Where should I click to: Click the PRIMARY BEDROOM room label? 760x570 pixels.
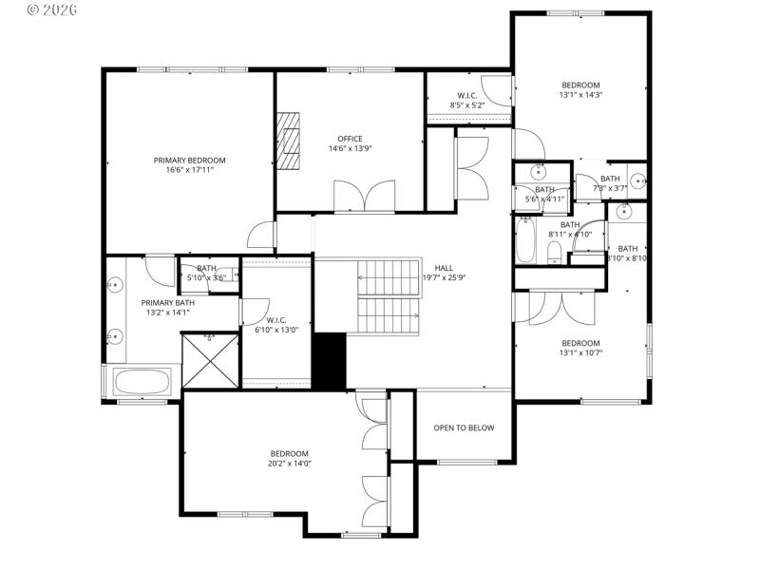[x=190, y=160]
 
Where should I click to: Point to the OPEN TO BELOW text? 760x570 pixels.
[x=464, y=427]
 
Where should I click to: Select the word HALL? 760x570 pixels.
[x=444, y=268]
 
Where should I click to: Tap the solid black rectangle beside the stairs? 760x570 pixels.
[x=330, y=361]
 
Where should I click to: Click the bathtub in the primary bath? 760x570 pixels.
[x=142, y=383]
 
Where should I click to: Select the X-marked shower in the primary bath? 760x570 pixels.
[x=210, y=360]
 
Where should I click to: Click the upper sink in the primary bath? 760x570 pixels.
[x=116, y=284]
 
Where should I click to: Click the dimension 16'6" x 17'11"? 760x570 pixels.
[x=190, y=170]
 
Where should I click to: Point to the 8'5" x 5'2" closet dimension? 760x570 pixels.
[x=467, y=105]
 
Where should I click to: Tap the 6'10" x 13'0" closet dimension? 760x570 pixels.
[x=276, y=330]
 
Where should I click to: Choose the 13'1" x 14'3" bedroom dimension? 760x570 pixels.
[x=580, y=94]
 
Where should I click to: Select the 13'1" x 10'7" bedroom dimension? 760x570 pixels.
[x=580, y=352]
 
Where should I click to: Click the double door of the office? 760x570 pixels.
[x=364, y=197]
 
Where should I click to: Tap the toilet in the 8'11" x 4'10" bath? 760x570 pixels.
[x=553, y=250]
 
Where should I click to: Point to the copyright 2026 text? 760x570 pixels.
[x=52, y=9]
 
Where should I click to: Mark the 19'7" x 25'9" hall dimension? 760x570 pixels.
[x=444, y=277]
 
